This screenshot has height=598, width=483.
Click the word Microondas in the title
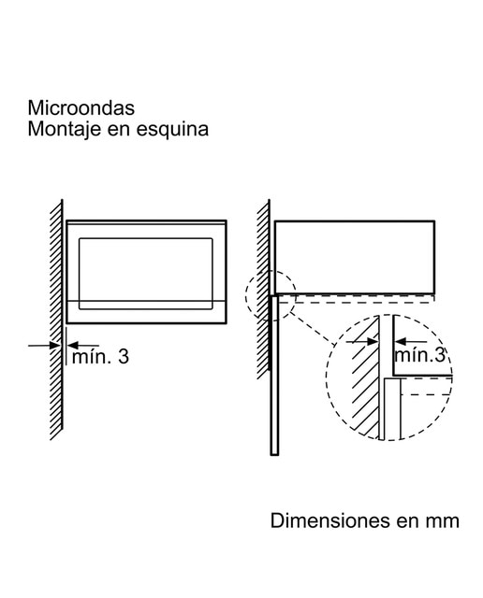[x=81, y=108]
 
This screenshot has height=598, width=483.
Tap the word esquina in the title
[x=173, y=130]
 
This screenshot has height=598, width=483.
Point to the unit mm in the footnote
[x=444, y=522]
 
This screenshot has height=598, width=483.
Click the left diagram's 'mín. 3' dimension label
[x=100, y=357]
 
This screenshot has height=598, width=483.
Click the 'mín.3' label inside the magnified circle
[x=420, y=355]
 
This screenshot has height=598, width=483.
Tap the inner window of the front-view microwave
[x=146, y=274]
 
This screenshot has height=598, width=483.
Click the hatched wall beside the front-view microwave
[x=56, y=320]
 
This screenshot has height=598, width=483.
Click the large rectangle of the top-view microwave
[x=355, y=258]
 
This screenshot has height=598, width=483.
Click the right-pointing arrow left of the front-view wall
[x=44, y=346]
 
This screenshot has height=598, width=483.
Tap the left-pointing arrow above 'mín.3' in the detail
[x=410, y=341]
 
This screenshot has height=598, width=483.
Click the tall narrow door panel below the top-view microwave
[x=274, y=375]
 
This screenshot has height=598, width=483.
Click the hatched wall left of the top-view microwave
[x=263, y=289]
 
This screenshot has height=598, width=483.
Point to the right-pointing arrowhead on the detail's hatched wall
[x=372, y=342]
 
